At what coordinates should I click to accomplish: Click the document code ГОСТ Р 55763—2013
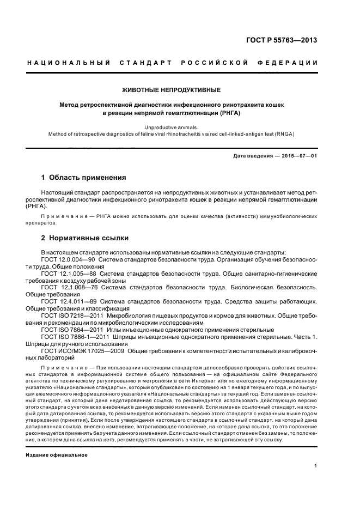point(282,40)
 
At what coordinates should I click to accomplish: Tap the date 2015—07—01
point(298,156)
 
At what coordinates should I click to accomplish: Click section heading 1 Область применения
point(84,178)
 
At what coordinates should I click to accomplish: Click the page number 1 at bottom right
point(316,466)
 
